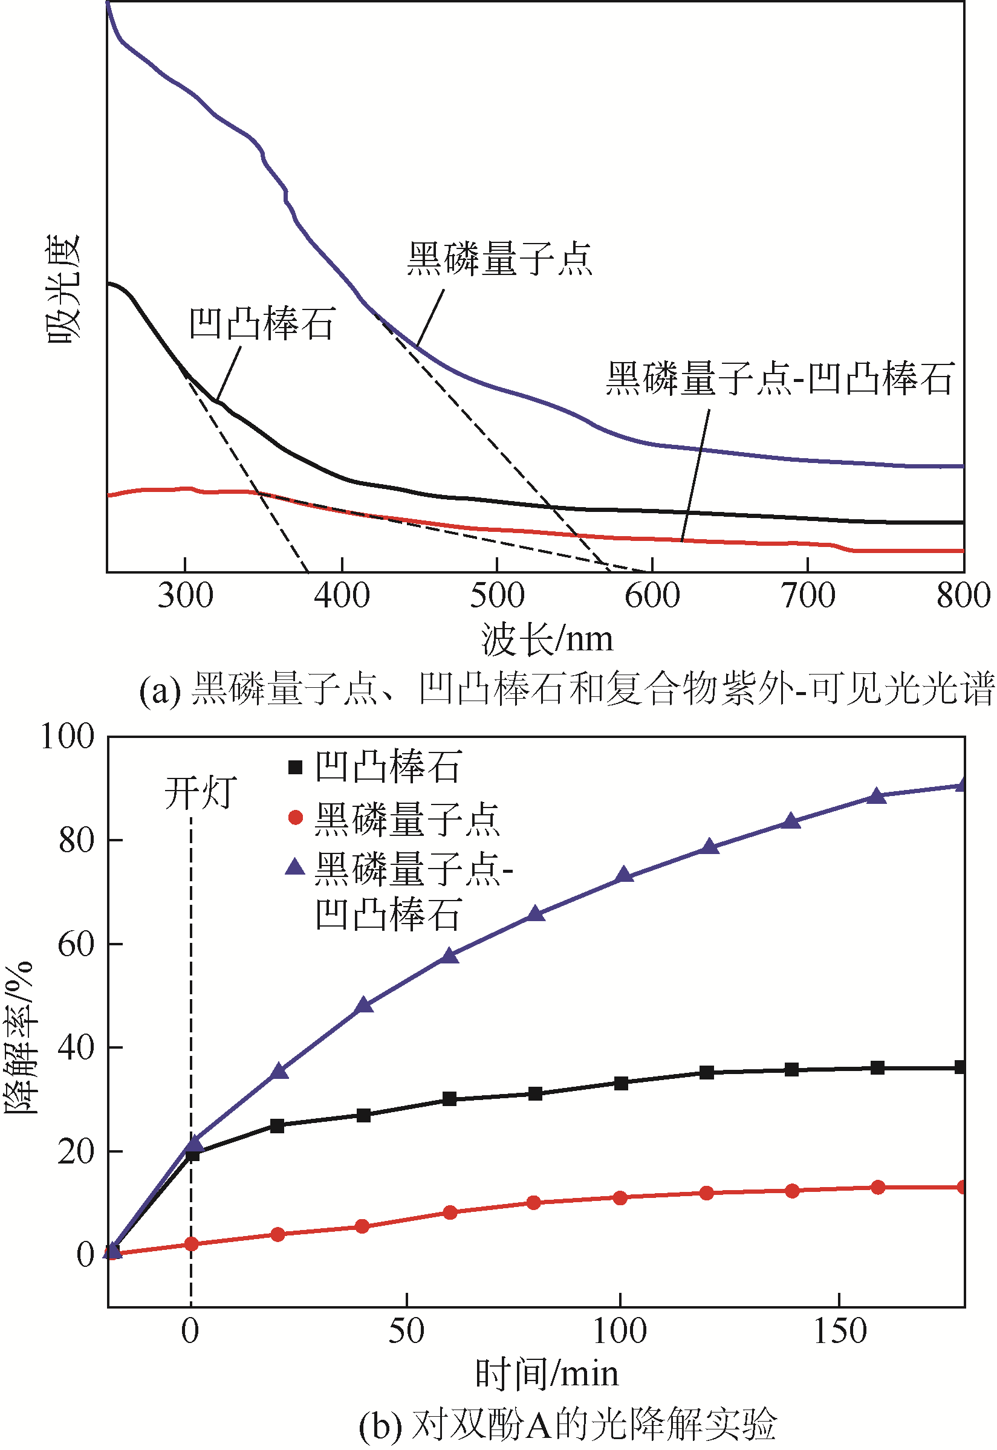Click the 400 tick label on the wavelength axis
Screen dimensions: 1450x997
click(342, 595)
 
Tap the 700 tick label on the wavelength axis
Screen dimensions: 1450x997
click(808, 595)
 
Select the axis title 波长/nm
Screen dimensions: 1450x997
click(547, 639)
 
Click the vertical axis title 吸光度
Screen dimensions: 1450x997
click(63, 288)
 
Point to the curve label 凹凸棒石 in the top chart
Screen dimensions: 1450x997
click(262, 323)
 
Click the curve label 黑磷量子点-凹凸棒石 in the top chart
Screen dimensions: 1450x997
click(779, 378)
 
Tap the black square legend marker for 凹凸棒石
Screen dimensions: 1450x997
click(296, 767)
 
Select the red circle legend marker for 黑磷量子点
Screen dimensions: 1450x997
click(296, 817)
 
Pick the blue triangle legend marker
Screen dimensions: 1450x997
click(295, 867)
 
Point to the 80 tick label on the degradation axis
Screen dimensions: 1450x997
click(76, 841)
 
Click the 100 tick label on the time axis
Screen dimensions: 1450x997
click(619, 1332)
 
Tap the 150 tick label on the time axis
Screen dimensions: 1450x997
click(839, 1332)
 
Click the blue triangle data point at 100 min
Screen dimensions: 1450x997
click(623, 875)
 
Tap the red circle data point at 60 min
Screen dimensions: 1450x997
click(450, 1212)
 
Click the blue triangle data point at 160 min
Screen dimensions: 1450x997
click(877, 795)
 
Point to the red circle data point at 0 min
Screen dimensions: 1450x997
click(191, 1244)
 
